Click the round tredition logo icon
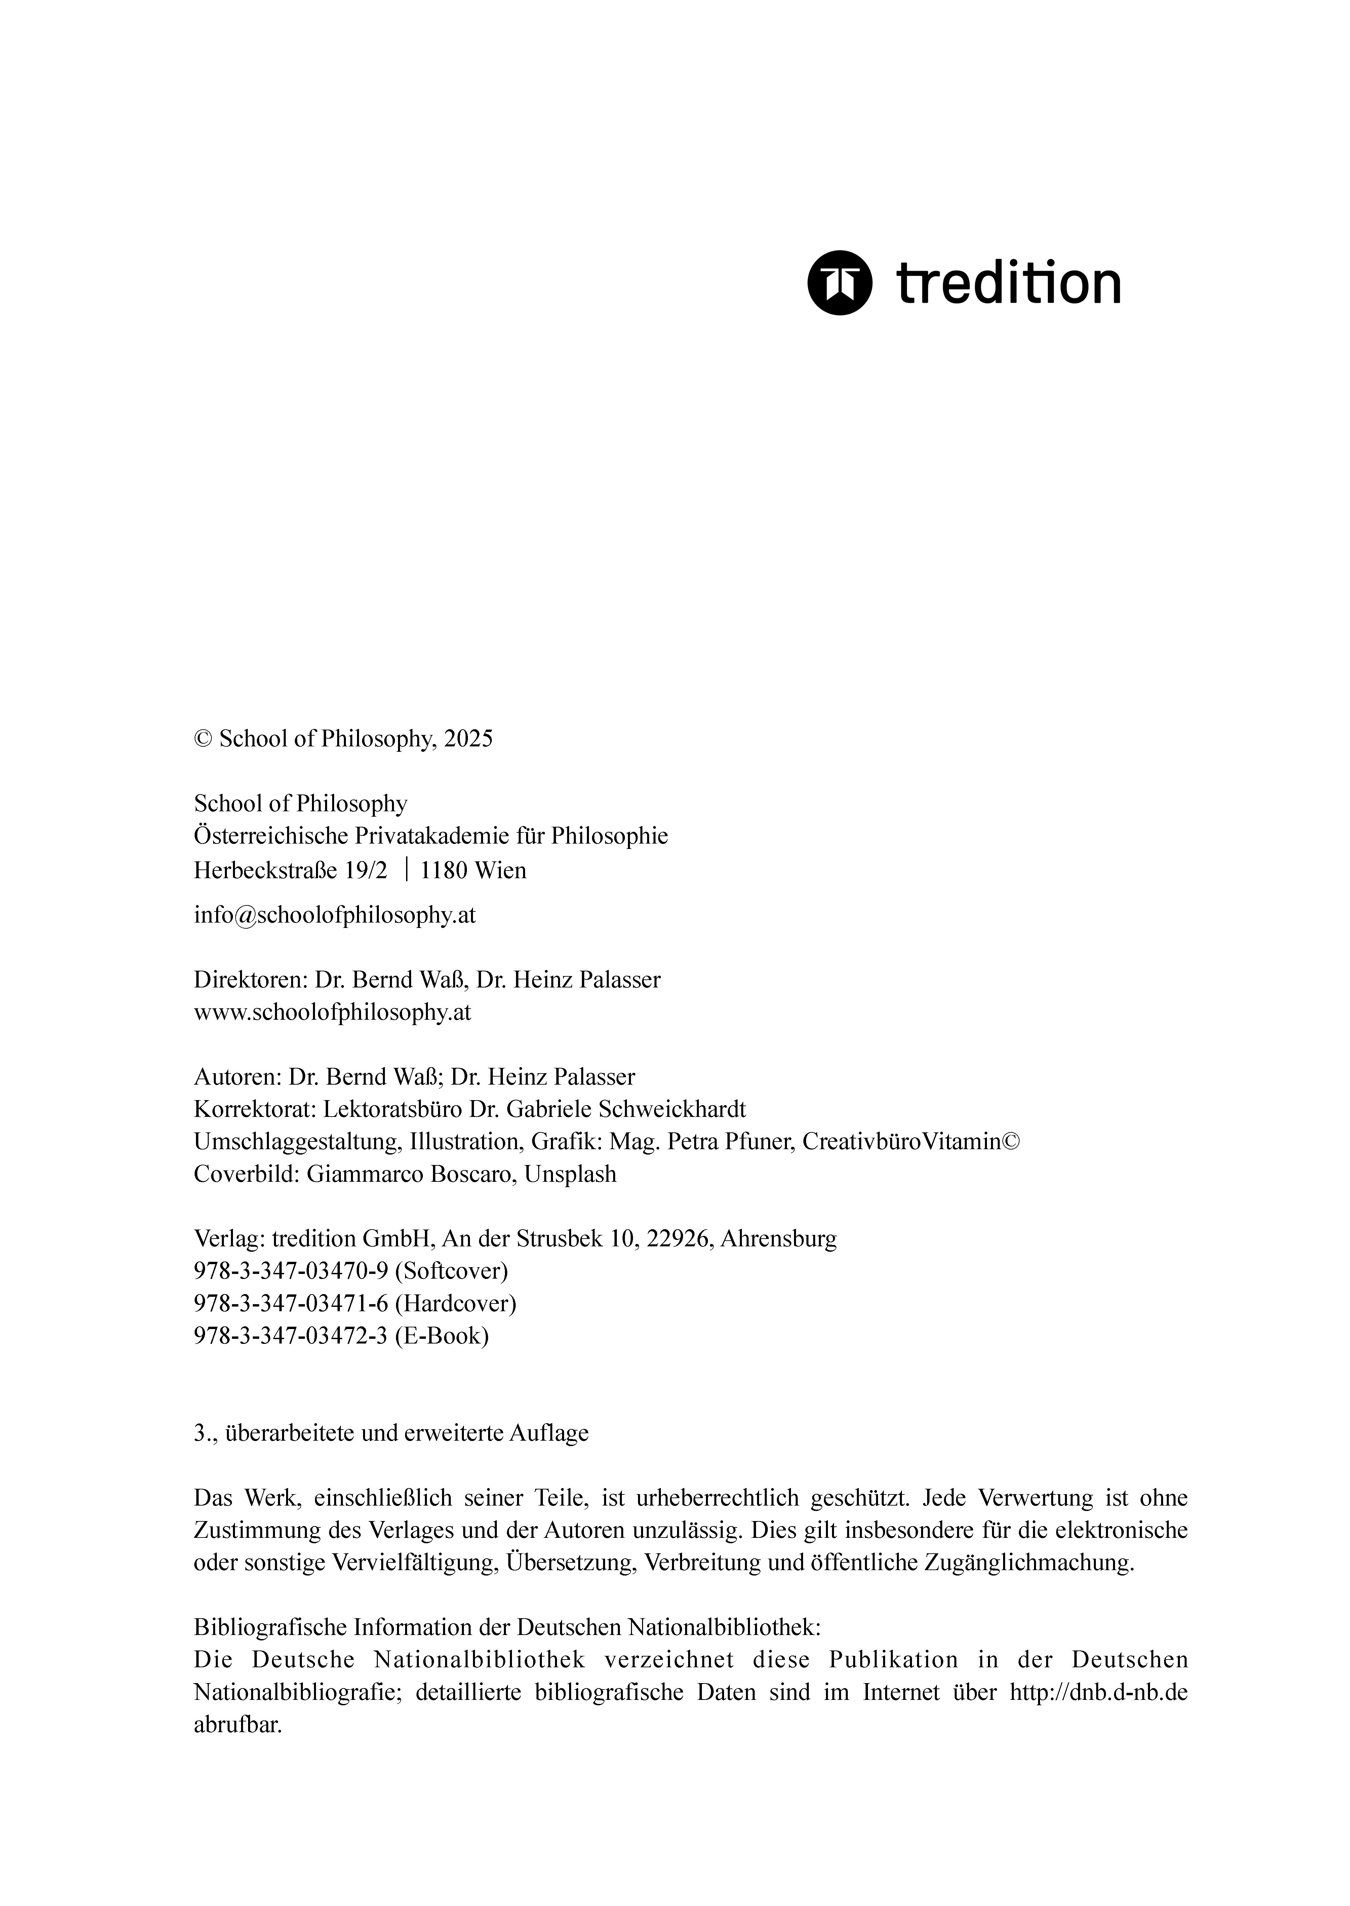pyautogui.click(x=840, y=283)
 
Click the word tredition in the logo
pyautogui.click(x=1008, y=283)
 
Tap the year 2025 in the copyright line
pyautogui.click(x=468, y=738)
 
